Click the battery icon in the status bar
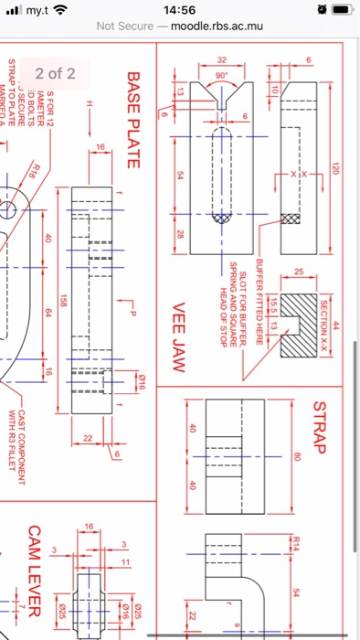coord(338,10)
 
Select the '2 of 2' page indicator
coord(55,73)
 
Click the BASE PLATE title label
coord(132,120)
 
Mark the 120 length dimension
coord(336,169)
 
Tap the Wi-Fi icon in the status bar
coord(59,10)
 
